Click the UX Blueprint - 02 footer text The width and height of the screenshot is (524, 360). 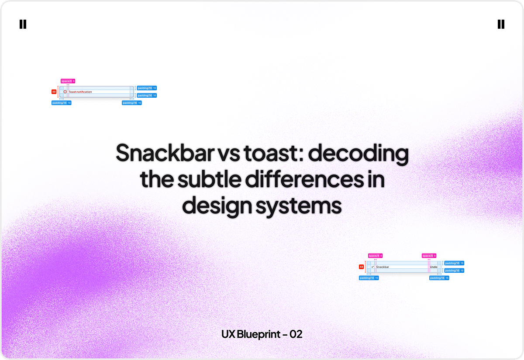262,334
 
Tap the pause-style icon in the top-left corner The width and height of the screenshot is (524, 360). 23,24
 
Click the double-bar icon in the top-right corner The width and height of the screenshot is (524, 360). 501,24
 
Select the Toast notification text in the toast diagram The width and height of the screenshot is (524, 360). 80,92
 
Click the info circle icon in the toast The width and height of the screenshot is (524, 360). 65,92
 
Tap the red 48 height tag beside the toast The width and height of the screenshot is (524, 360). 54,92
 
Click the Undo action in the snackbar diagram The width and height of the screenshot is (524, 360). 433,267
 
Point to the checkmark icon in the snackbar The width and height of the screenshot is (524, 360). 372,267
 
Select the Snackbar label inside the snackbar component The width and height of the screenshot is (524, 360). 383,267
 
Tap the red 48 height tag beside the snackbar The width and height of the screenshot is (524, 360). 362,267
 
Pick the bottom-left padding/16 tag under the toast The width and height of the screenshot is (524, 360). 61,103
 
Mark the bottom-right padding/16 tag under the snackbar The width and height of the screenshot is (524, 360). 439,278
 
